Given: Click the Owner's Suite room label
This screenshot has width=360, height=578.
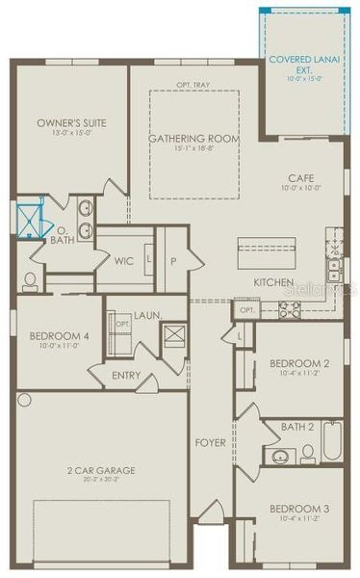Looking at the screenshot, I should click(71, 123).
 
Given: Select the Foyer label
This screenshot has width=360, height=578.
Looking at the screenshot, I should click(211, 443).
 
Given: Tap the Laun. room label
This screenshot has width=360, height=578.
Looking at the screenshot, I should click(147, 315).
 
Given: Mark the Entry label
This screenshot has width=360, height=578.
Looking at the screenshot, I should click(126, 376).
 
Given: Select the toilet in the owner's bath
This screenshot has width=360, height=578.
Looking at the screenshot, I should click(30, 280).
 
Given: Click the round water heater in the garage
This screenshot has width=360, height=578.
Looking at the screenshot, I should click(24, 399).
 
